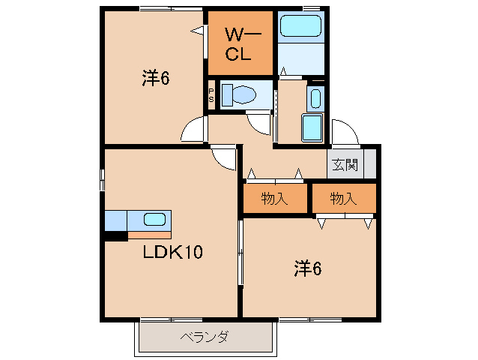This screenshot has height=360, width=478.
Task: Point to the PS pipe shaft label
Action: point(211,96)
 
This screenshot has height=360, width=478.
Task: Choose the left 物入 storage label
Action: point(274,199)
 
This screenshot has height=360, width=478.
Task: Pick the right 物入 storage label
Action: point(343,199)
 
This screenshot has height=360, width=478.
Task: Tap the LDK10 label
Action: point(173,253)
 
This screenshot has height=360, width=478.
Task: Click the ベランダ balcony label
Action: point(204,337)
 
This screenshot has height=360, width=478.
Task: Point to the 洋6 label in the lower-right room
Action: point(307,268)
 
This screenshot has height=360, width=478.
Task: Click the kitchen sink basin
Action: point(154,220)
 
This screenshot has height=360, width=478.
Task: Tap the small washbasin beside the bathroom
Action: point(315,98)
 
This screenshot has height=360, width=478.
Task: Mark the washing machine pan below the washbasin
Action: point(312,127)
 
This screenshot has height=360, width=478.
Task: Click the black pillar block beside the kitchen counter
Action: point(115,237)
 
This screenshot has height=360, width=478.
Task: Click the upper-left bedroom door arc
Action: point(193,129)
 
